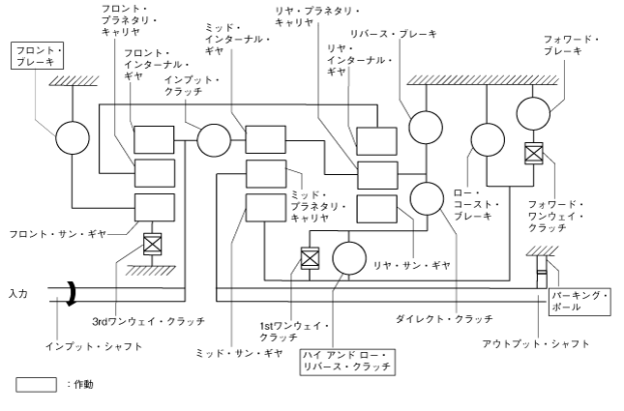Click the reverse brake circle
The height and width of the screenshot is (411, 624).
[x=424, y=126]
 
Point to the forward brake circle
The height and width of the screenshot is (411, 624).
[x=533, y=114]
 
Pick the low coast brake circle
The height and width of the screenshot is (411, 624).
[x=486, y=139]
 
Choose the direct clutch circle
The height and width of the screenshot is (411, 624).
[x=427, y=198]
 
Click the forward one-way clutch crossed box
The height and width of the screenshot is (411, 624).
[x=533, y=154]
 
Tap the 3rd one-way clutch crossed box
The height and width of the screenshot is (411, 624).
[x=151, y=244]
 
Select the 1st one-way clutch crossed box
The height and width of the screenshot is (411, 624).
[x=310, y=258]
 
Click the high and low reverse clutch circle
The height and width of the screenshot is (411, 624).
[x=348, y=258]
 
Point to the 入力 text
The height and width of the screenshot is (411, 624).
[x=17, y=292]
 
